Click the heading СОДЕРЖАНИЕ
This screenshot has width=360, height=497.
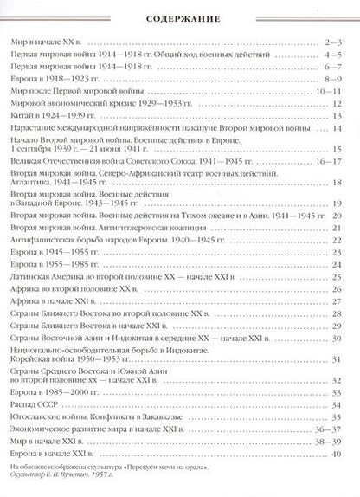[180, 17]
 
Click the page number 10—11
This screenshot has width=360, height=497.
[332, 90]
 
